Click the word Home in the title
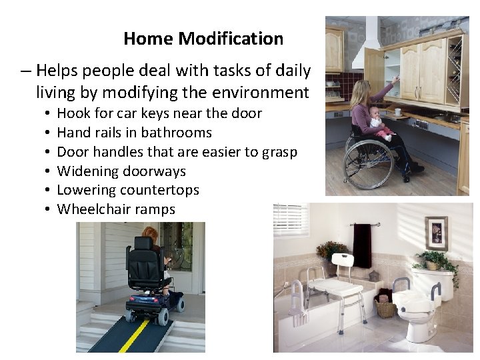coord(149,39)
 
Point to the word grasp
coord(279,152)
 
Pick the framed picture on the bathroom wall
coord(437,233)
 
